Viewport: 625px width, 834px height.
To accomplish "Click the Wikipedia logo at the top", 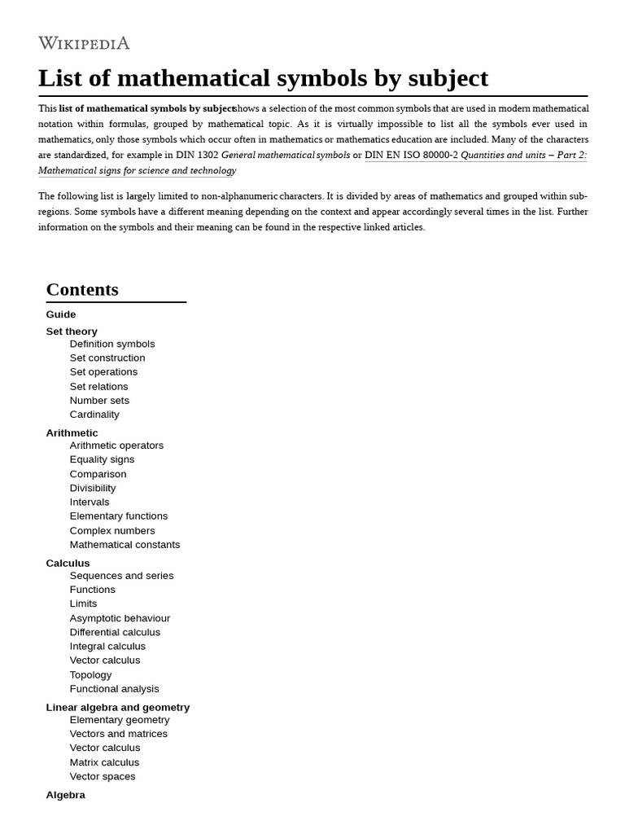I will [x=84, y=43].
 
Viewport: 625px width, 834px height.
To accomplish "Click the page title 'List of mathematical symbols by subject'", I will [x=263, y=78].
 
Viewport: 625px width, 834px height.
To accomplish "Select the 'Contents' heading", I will [x=82, y=290].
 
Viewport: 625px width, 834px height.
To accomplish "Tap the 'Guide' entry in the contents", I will [x=61, y=314].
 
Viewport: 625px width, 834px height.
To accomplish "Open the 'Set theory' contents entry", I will [x=72, y=331].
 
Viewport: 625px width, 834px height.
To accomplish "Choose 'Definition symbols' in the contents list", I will [x=112, y=344].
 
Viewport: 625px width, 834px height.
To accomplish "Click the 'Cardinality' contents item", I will [x=94, y=415].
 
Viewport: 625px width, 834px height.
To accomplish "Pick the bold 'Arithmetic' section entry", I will [x=72, y=432].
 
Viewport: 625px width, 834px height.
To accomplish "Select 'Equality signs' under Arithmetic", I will [x=102, y=459].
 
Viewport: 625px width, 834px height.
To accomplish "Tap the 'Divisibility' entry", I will [x=93, y=488].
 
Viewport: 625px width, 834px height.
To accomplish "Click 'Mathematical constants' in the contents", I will [x=125, y=545].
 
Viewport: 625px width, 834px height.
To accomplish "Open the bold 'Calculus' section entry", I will [x=68, y=563].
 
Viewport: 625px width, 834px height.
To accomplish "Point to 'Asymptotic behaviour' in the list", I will [x=120, y=618].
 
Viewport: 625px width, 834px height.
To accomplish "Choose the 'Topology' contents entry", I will [x=90, y=674].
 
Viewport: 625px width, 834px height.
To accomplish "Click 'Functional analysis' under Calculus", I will [x=114, y=689].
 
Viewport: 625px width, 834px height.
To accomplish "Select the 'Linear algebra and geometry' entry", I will [x=118, y=707].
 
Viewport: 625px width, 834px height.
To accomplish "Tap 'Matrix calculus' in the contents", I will [x=104, y=762].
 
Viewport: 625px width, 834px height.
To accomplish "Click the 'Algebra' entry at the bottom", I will [x=65, y=795].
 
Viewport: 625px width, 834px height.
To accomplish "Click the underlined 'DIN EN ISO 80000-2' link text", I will [x=411, y=155].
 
